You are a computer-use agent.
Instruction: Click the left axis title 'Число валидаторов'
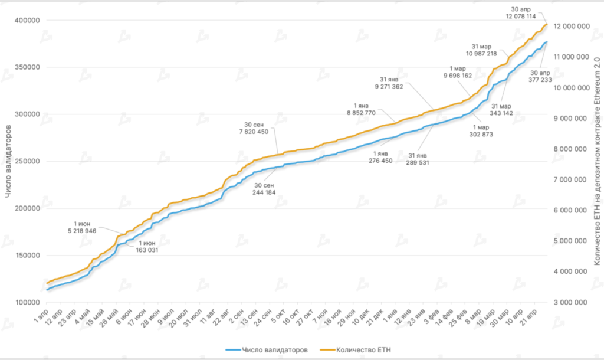click(8, 162)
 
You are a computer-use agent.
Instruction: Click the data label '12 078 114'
click(520, 16)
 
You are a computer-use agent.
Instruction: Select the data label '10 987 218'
click(482, 54)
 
